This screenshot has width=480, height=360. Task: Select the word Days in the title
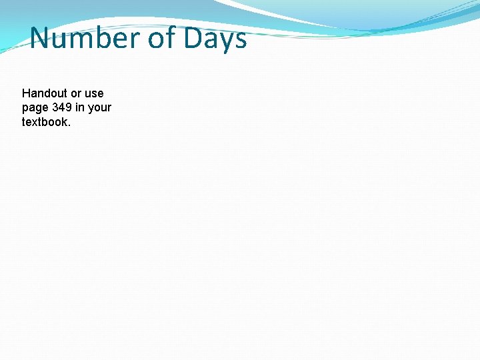coord(215,39)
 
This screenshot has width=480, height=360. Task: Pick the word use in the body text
coord(94,93)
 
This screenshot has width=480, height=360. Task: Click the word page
coord(35,108)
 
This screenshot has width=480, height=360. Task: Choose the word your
coord(99,108)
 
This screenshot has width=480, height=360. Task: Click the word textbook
coord(44,122)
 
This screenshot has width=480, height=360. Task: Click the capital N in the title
coord(41,39)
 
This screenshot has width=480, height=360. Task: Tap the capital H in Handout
coord(26,93)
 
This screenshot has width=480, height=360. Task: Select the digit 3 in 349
coord(55,107)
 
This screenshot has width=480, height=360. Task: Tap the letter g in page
coord(39,109)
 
